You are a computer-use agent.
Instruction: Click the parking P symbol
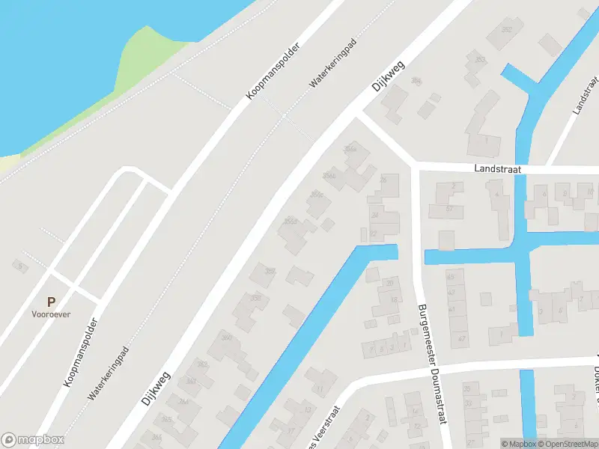coord(51,302)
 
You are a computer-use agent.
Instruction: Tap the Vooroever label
coord(51,315)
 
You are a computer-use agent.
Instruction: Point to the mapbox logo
coord(33,440)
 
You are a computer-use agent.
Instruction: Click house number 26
coord(384,180)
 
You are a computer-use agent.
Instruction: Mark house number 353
coord(480,59)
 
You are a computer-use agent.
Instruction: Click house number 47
coord(461,339)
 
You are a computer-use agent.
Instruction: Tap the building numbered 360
coord(226,338)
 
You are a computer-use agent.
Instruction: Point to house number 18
coord(394,301)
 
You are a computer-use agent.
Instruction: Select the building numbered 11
coord(319,388)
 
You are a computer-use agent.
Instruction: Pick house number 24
coord(374,214)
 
